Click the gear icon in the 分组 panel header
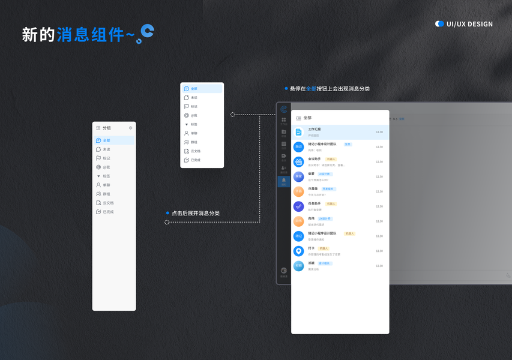coord(130,128)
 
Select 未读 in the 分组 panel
coord(106,149)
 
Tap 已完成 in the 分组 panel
coord(107,212)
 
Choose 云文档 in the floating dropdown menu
coord(195,151)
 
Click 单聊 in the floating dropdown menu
coord(194,133)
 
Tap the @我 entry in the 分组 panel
coord(106,167)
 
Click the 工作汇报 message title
coord(315,129)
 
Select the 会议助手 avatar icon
coord(298,162)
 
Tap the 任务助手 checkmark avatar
coord(298,206)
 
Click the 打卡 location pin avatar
coord(298,251)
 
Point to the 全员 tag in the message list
coord(348,144)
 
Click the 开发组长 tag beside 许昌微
coord(328,189)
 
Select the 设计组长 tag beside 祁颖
coord(324,263)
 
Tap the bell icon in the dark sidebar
coord(284,181)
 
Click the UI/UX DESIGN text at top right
coord(469,24)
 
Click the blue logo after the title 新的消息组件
coord(145,33)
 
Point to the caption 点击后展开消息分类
coord(196,213)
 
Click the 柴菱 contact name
coord(312,174)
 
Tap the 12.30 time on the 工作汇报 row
coord(379,132)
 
